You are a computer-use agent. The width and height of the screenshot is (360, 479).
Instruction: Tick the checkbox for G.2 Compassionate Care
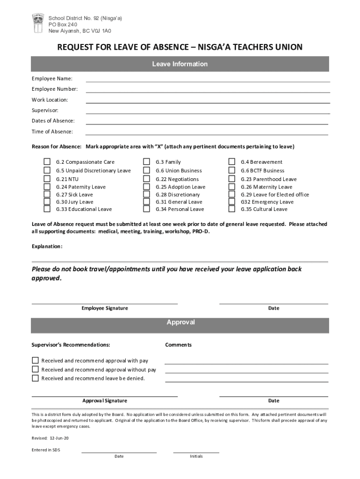click(x=47, y=162)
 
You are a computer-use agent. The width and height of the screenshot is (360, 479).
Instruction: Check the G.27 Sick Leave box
click(x=47, y=195)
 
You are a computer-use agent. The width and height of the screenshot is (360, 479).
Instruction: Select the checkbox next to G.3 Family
click(x=146, y=162)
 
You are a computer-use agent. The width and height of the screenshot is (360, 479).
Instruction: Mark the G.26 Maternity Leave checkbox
click(x=231, y=187)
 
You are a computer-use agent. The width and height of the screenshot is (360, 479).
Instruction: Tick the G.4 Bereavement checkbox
click(x=231, y=162)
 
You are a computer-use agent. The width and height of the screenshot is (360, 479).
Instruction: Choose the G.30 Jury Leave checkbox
click(x=47, y=202)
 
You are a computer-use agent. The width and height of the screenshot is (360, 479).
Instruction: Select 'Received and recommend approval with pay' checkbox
click(x=35, y=361)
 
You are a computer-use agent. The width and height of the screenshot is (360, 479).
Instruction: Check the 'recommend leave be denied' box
click(x=35, y=378)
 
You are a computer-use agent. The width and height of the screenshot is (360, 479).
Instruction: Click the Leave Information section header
click(x=180, y=64)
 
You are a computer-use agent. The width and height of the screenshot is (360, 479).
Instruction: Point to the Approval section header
click(x=180, y=322)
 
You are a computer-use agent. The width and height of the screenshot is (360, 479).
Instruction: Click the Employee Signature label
click(x=105, y=308)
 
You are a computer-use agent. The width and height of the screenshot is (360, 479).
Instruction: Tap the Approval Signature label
click(x=105, y=401)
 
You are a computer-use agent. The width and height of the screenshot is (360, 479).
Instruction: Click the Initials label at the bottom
click(x=196, y=457)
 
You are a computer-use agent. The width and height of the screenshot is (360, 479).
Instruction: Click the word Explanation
click(x=47, y=246)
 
